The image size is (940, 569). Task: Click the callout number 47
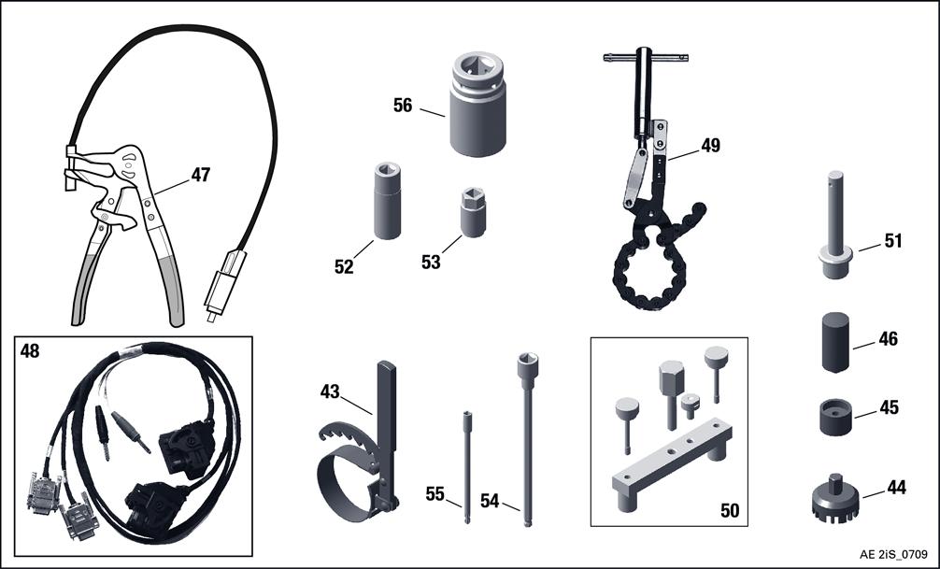click(201, 175)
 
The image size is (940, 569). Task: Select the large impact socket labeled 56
click(477, 104)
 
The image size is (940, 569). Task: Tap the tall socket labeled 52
click(387, 201)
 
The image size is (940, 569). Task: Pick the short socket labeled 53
click(473, 212)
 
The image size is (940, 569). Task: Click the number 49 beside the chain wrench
click(710, 145)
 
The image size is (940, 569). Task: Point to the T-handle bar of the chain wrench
click(645, 58)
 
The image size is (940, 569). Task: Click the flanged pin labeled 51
click(835, 225)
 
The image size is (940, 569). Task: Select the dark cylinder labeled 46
click(835, 342)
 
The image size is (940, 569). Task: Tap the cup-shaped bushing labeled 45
click(835, 418)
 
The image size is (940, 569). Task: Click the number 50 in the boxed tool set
click(730, 511)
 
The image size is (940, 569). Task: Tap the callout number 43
click(330, 391)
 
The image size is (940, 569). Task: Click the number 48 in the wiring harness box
click(30, 350)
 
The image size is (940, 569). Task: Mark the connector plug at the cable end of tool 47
click(224, 285)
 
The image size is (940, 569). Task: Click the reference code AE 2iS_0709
click(894, 553)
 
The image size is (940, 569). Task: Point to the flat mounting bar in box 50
click(672, 462)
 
